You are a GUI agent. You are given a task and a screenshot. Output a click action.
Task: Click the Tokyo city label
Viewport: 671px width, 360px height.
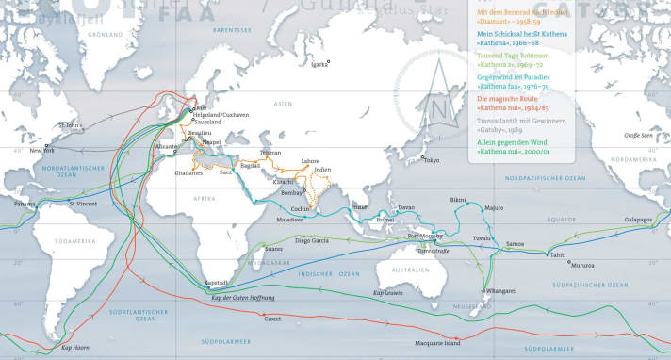point(433,160)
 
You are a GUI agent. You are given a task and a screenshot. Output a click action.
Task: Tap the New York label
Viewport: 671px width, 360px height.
point(42,151)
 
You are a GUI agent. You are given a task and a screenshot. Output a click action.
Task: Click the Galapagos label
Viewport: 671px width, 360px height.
point(637,219)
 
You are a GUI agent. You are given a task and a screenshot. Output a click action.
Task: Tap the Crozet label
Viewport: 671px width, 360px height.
point(272,319)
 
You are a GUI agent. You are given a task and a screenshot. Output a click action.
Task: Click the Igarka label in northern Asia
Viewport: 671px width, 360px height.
point(320,64)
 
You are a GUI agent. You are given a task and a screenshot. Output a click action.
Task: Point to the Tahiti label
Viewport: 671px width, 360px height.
point(559,254)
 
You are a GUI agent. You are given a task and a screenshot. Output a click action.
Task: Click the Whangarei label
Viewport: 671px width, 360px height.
point(501,292)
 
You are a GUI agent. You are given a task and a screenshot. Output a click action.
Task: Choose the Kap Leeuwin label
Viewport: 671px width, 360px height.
point(386,292)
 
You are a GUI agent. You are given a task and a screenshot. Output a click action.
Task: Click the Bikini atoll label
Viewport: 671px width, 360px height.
point(458,200)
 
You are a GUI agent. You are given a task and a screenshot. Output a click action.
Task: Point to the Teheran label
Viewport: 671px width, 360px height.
point(270,152)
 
